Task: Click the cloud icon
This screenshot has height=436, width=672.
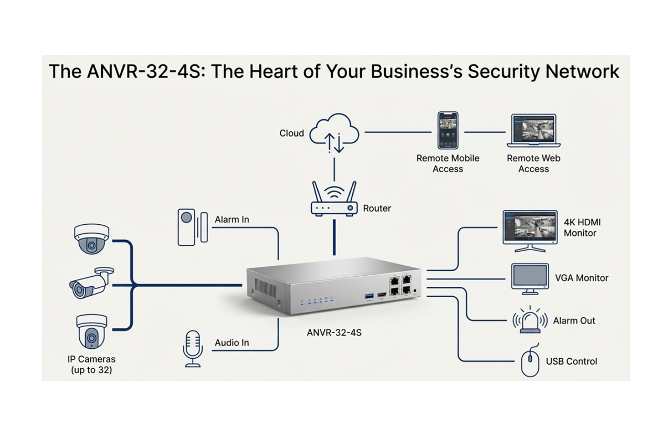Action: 333,134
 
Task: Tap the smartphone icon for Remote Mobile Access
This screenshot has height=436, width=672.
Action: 448,130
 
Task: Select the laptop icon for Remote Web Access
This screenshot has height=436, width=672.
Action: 533,131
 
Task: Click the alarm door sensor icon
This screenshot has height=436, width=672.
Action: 192,226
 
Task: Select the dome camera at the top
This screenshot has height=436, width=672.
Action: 92,238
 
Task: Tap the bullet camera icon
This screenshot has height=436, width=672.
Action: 90,284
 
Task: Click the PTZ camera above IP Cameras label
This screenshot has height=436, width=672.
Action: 91,331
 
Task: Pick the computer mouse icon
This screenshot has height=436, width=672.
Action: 530,361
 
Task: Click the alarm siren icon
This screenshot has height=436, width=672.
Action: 529,320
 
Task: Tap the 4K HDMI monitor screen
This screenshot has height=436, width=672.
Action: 529,226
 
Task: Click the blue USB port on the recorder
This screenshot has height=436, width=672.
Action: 369,297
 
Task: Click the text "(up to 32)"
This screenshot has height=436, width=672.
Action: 91,370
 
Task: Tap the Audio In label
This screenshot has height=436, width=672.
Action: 232,343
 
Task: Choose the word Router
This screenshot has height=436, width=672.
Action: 377,209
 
